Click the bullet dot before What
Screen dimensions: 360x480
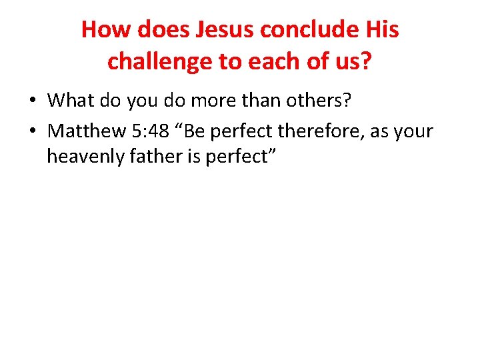tap(33, 101)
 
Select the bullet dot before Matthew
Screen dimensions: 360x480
tap(33, 131)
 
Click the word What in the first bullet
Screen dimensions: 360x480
tap(72, 101)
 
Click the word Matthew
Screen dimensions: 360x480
tap(86, 131)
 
